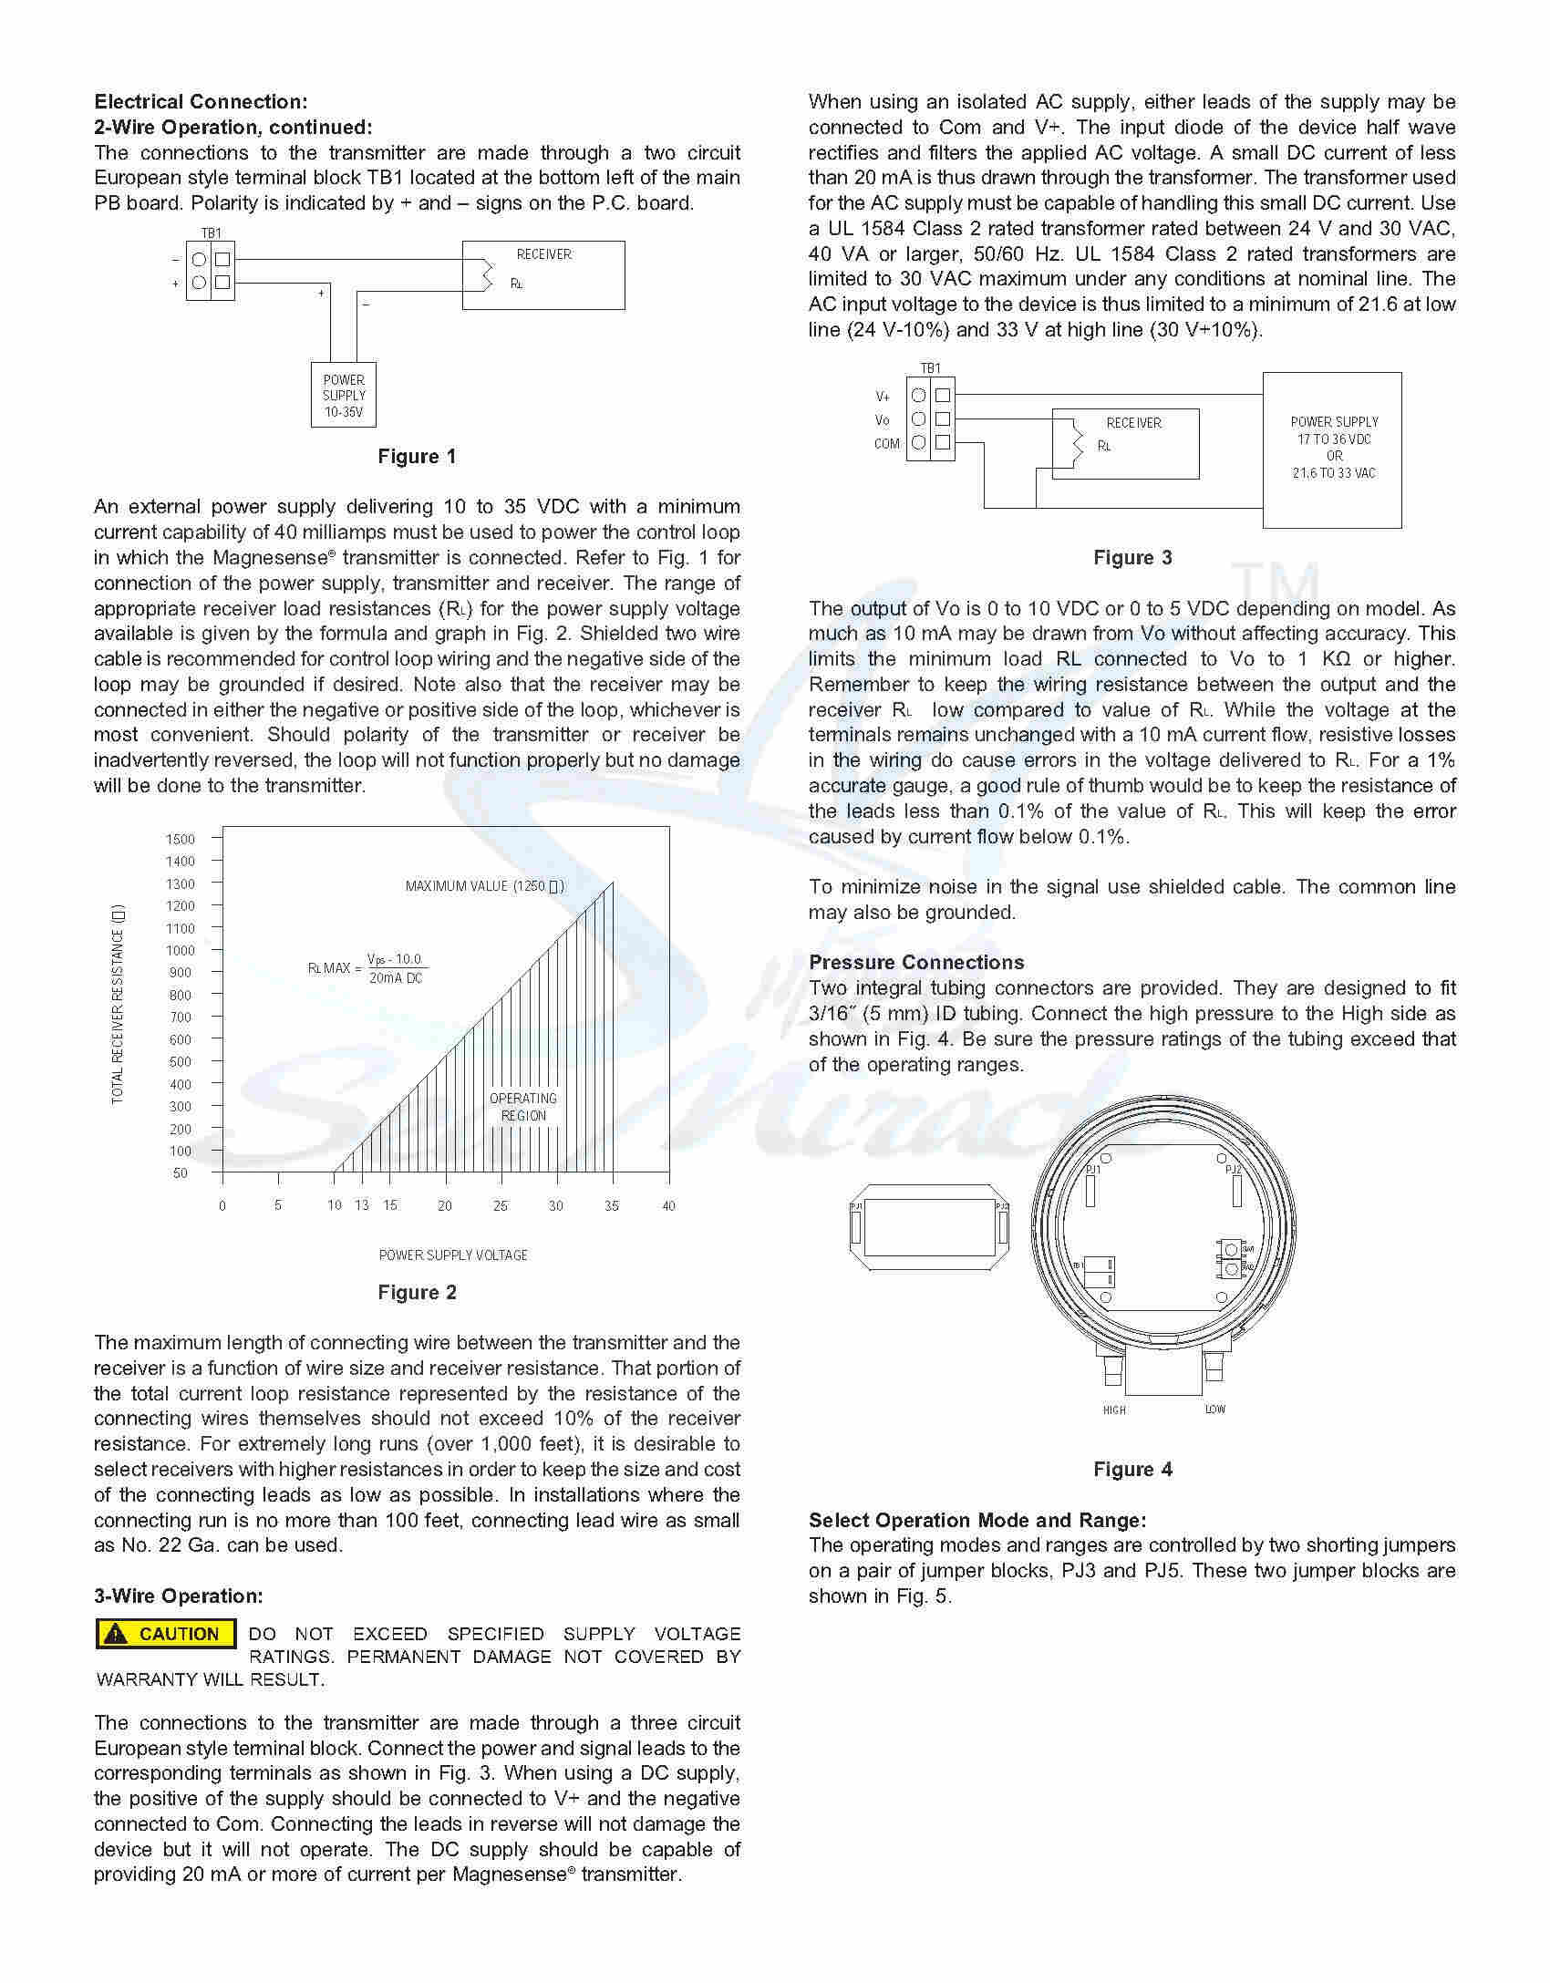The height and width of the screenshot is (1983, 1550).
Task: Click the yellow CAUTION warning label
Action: coord(166,1634)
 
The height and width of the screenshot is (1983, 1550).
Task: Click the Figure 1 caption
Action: coord(417,457)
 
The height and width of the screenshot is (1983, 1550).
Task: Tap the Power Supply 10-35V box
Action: coord(344,396)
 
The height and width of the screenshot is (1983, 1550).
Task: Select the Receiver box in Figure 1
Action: coord(543,274)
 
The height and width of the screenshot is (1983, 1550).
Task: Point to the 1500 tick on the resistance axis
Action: coord(181,839)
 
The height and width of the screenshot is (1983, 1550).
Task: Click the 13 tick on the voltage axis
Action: coord(362,1205)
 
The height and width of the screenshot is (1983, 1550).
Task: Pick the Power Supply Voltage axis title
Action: coord(453,1255)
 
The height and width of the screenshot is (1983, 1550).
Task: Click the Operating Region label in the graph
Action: coord(523,1107)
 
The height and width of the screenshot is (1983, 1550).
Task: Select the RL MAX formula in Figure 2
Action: coord(368,968)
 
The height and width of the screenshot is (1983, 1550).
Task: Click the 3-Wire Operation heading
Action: coord(179,1596)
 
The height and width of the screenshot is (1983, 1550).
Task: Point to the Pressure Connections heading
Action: coord(916,963)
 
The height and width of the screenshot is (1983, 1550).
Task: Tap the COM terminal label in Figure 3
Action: coord(887,444)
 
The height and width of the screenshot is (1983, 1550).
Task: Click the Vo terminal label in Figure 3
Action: coord(882,420)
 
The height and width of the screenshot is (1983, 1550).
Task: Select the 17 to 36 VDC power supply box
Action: coord(1332,449)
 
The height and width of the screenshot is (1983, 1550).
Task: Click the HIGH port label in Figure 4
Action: coord(1114,1410)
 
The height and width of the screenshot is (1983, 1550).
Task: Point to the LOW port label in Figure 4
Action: coord(1215,1410)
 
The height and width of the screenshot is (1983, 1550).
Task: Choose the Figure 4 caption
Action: coord(1132,1470)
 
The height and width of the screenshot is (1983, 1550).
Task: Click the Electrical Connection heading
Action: coord(201,102)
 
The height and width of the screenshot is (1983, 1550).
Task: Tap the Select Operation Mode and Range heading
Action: coord(977,1520)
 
